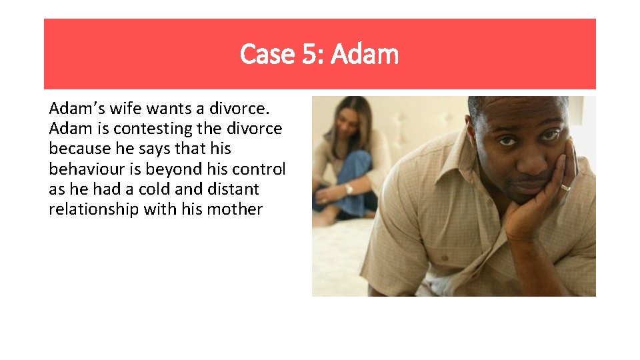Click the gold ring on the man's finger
pos(565,187)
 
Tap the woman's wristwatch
pos(348,189)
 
